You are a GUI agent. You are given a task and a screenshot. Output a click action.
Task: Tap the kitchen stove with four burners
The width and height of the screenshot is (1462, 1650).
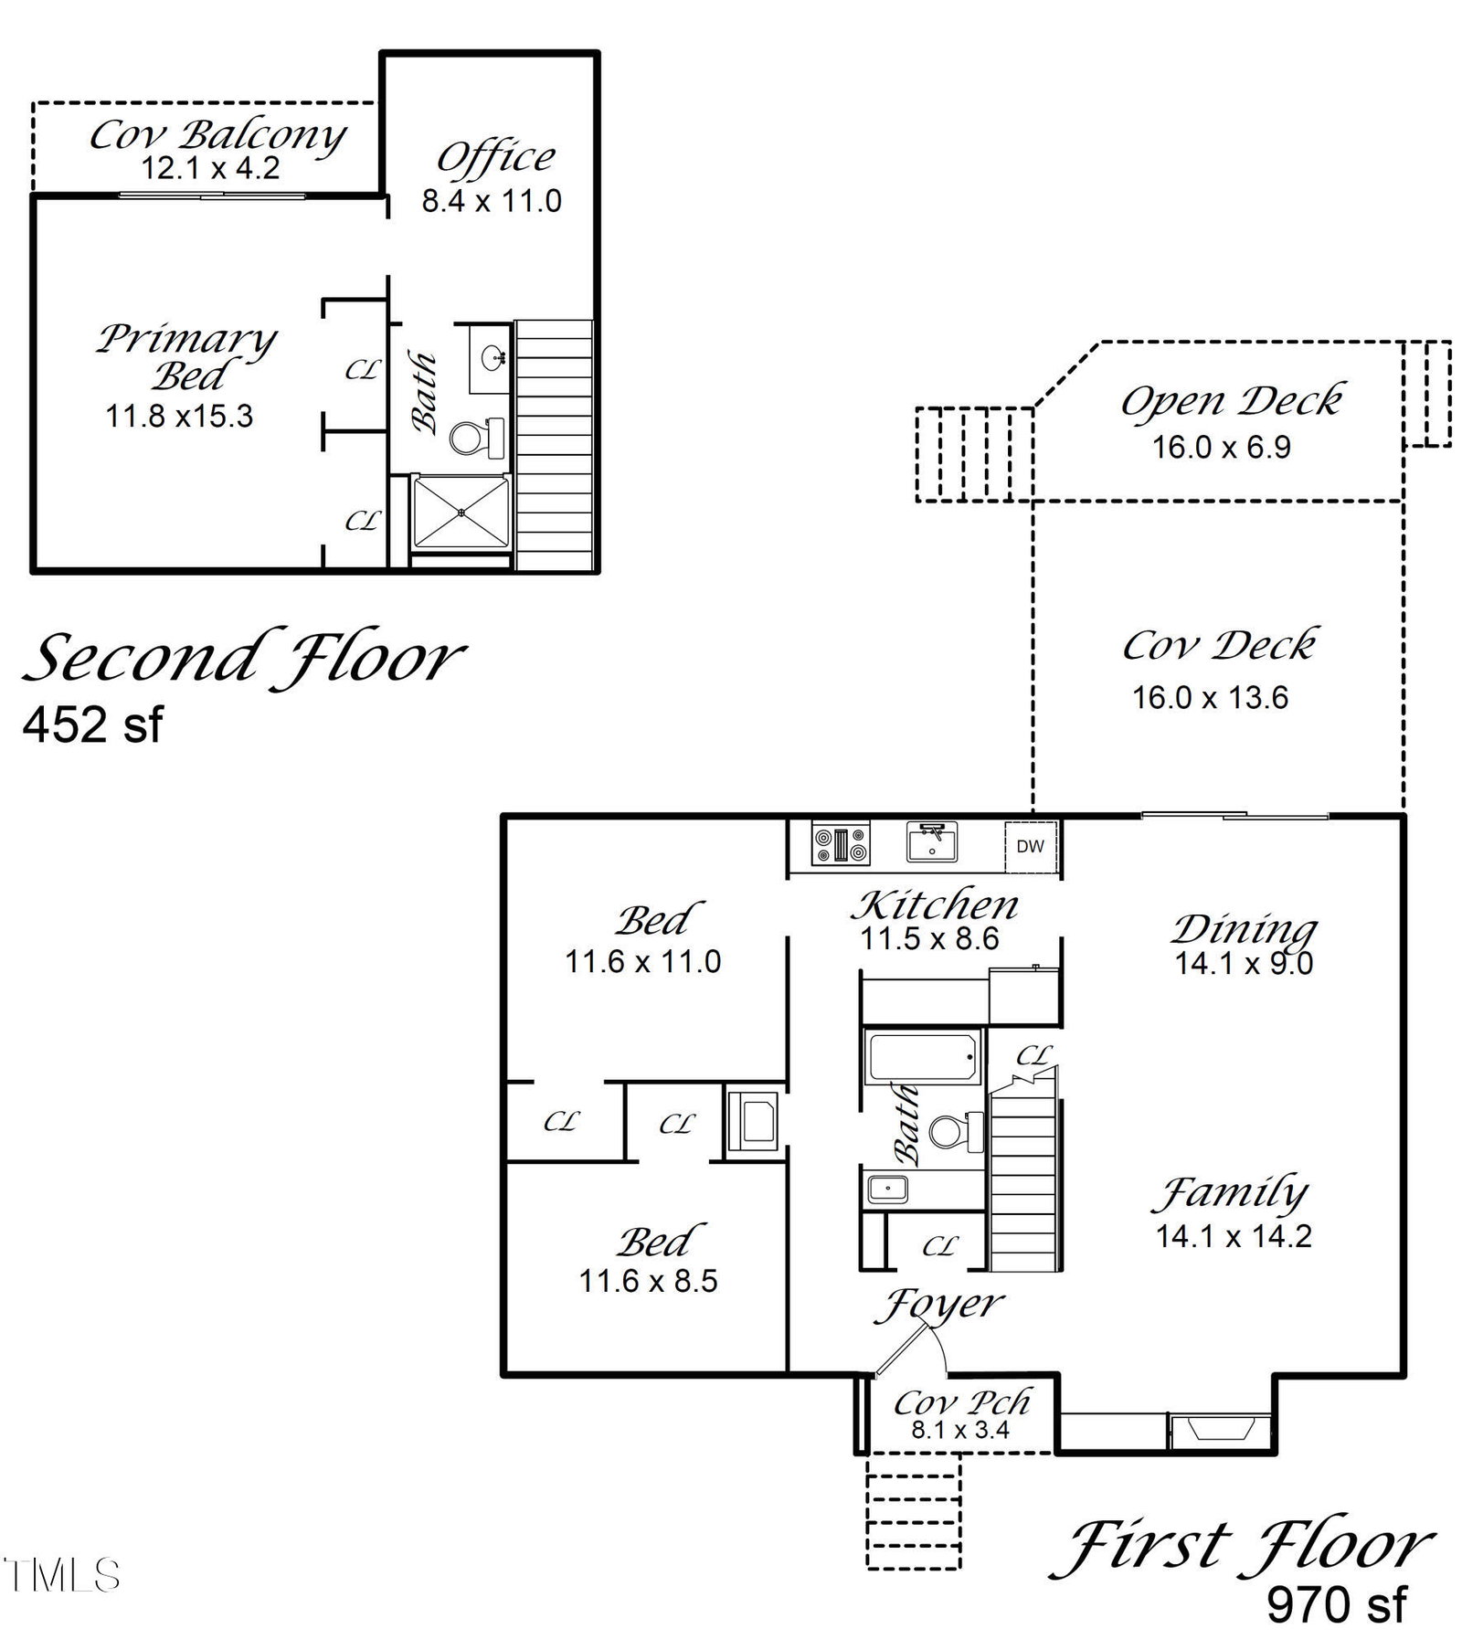coord(841,843)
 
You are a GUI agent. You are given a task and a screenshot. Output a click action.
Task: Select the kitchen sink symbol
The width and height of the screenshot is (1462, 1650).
coord(931,841)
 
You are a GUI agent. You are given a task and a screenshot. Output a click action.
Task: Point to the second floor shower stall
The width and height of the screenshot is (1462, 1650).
coord(461,513)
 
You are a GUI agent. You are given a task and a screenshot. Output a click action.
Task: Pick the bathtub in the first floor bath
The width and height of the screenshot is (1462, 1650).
coord(924,1057)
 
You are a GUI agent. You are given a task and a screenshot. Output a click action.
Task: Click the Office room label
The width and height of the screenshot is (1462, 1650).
coord(495,157)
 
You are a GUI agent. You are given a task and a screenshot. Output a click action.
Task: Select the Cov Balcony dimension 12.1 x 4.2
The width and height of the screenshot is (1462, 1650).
coord(210,169)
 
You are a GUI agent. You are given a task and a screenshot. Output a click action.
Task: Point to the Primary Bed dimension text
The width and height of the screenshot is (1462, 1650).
coord(179,417)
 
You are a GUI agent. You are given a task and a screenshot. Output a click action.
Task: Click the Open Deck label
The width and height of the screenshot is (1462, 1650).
coord(1232,401)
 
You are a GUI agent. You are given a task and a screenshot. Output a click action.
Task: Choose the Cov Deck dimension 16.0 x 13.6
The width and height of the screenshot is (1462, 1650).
coord(1210,698)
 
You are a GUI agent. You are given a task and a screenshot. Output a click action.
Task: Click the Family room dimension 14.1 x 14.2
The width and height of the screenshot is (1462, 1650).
coord(1234,1236)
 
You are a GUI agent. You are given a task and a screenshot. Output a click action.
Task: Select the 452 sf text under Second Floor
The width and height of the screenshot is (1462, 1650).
coord(92,725)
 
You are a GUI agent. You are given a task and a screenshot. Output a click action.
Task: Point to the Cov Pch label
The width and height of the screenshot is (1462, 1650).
coord(961,1401)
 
